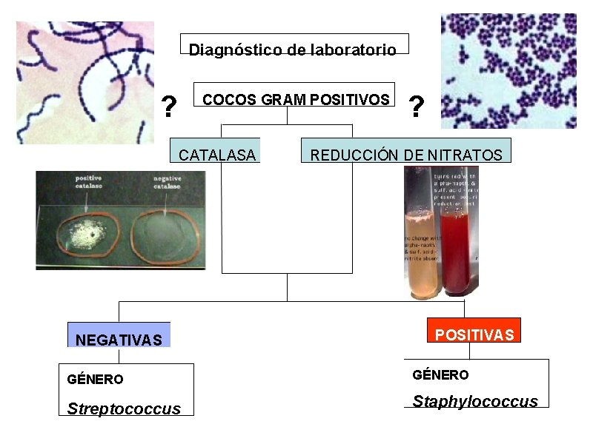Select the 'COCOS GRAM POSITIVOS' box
(295, 99)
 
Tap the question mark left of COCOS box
(169, 108)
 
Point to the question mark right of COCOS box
(417, 108)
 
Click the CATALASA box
(216, 155)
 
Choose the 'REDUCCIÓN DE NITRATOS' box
(405, 155)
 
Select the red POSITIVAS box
(474, 334)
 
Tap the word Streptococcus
(124, 408)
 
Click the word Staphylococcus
(475, 402)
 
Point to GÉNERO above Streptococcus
(95, 380)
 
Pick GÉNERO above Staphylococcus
(440, 375)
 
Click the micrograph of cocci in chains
(85, 81)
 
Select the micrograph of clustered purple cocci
(508, 71)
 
